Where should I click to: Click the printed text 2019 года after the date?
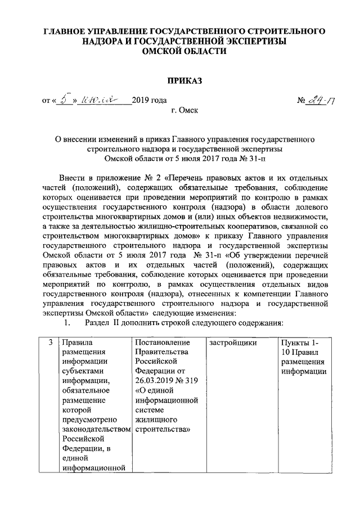click(149, 102)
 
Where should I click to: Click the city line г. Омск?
click(185, 111)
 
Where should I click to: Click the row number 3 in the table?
click(51, 342)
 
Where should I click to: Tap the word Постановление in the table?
click(163, 342)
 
